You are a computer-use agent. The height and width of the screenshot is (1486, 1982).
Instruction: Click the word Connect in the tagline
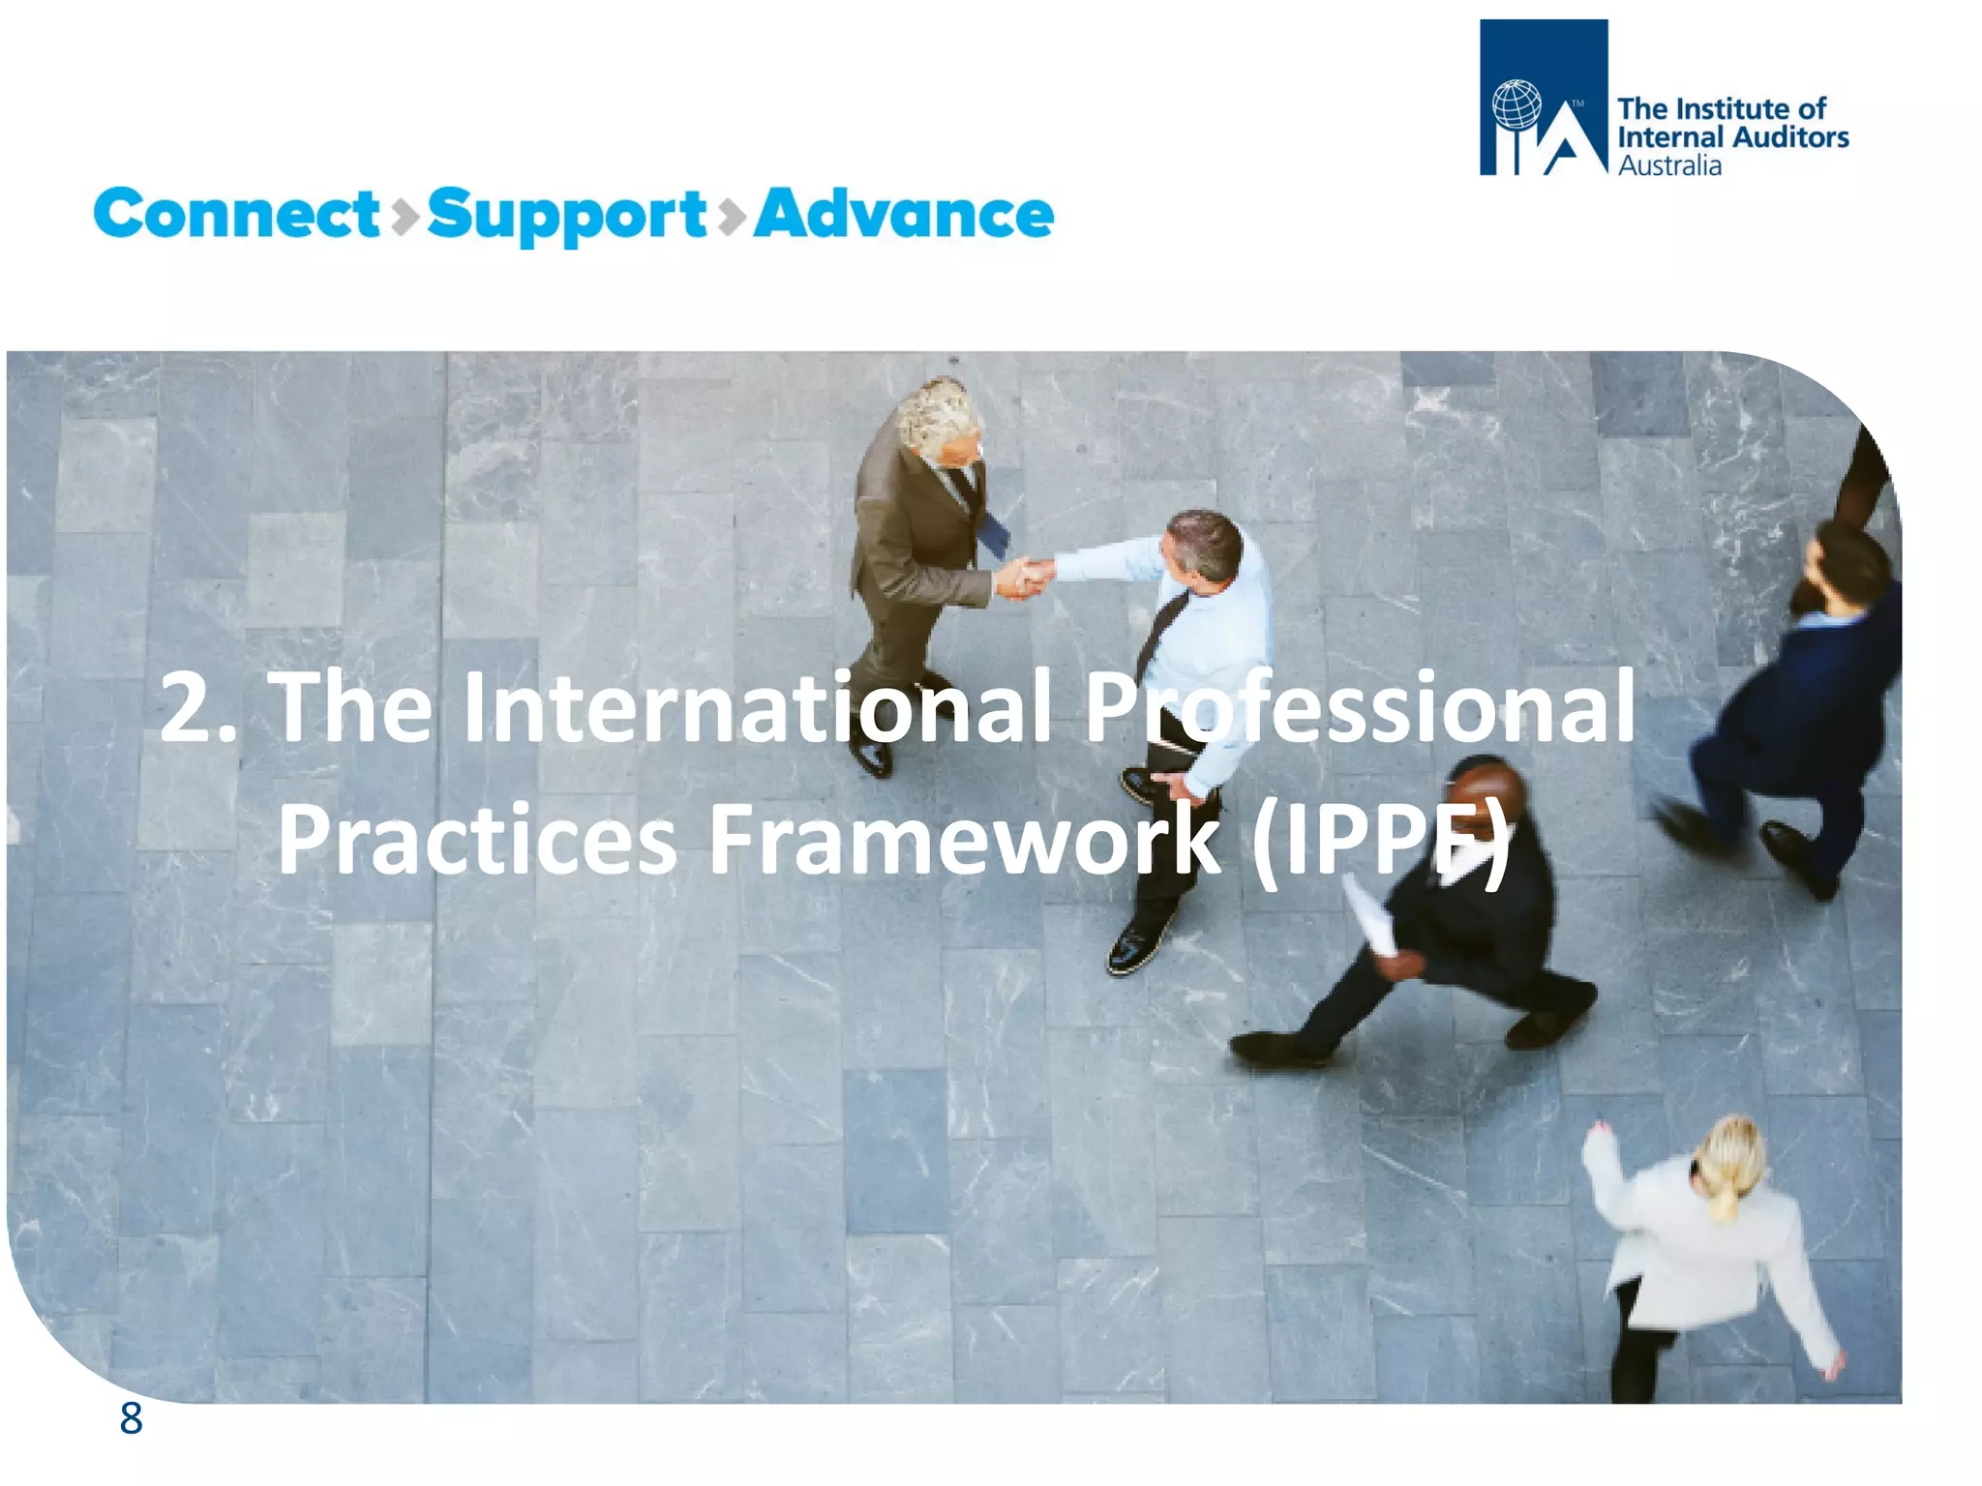coord(237,214)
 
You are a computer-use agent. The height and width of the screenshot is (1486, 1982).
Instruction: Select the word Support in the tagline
coord(566,216)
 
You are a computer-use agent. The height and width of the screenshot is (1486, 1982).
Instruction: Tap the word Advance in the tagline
coord(903,214)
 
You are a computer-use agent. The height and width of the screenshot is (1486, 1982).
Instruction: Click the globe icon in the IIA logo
coord(1516,105)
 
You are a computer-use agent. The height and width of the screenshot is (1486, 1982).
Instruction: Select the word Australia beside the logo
coord(1669,166)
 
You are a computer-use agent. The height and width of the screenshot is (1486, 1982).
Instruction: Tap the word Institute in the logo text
coord(1733,108)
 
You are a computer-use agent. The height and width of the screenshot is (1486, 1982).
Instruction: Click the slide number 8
coord(131,1419)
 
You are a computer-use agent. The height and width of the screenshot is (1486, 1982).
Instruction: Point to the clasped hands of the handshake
coord(1024,578)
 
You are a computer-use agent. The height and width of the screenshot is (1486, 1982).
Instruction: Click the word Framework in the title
coord(963,839)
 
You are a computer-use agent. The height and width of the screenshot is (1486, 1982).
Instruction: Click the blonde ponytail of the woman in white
coord(1726,1166)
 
